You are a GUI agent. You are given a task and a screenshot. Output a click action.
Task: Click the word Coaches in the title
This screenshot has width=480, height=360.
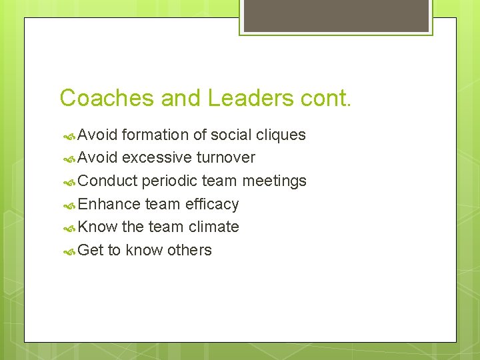(x=107, y=98)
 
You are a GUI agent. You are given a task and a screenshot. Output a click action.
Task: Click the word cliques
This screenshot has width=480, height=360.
(x=281, y=135)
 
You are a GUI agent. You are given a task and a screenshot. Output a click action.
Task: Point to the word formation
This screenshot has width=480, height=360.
(x=155, y=135)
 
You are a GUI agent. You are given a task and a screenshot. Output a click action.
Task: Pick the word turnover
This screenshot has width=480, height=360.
(x=226, y=158)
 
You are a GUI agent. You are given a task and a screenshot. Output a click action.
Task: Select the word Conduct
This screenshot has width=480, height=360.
(x=107, y=181)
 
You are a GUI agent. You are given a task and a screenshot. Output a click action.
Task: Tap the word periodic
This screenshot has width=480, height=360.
(x=167, y=181)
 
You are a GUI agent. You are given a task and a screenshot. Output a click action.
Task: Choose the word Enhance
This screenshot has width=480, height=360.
(x=109, y=204)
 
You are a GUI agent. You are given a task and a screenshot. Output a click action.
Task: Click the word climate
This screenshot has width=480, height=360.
(x=213, y=227)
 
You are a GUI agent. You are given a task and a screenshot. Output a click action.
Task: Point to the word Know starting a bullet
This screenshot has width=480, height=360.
(x=97, y=227)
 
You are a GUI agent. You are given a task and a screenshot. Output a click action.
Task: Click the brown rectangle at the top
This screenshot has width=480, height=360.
(x=336, y=15)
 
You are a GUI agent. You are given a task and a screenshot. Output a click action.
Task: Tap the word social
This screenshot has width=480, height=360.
(x=231, y=135)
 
